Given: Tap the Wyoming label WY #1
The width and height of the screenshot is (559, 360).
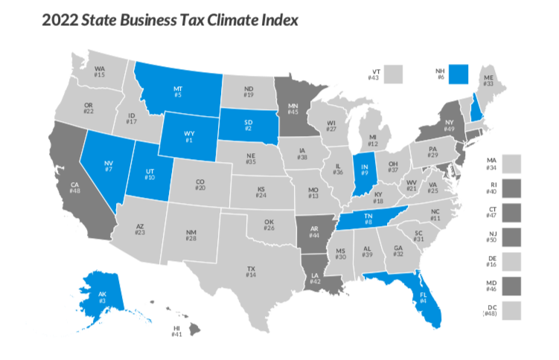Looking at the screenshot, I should (189, 137).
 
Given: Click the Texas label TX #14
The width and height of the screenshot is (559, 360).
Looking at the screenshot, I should (251, 271).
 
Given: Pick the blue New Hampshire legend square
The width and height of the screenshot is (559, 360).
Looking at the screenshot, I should (459, 74).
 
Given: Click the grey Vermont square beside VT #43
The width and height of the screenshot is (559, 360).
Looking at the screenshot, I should (394, 74).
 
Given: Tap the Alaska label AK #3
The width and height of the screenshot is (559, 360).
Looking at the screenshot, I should (94, 295).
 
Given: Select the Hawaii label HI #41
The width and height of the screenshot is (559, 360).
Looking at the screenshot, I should (176, 331).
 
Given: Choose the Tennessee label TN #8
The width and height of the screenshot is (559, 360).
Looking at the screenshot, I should (369, 219).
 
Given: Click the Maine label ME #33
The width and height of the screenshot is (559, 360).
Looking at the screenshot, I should (488, 80).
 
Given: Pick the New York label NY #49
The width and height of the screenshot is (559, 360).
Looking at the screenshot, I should (449, 125).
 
